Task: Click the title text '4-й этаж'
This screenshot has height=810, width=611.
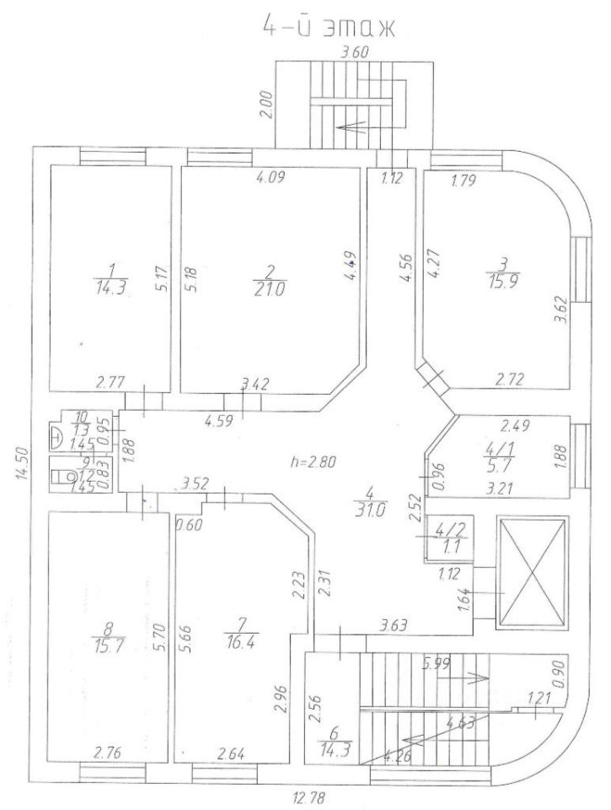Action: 331,26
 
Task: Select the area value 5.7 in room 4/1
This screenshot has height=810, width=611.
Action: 496,471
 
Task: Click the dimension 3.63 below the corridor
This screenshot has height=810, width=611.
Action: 394,626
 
